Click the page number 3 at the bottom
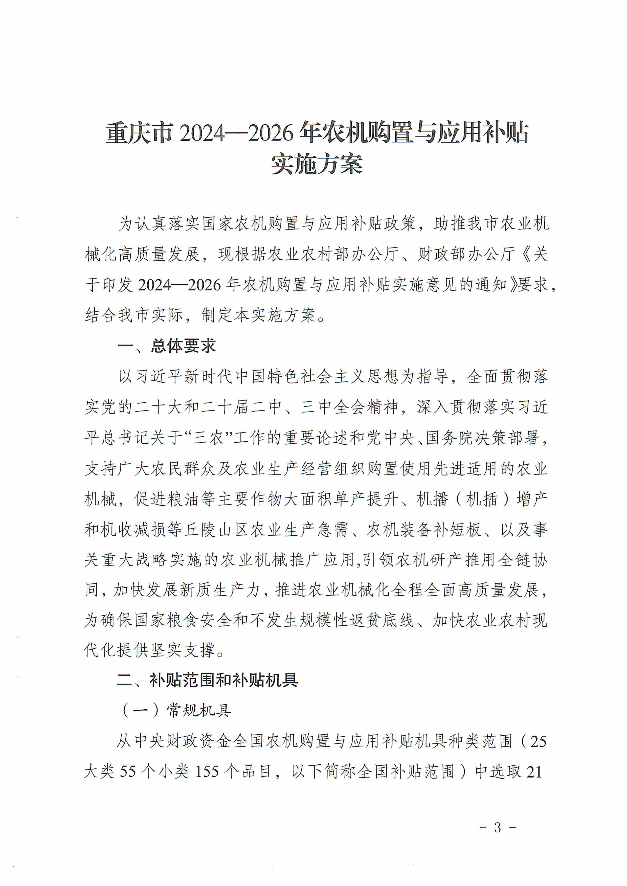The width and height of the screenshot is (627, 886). click(x=498, y=827)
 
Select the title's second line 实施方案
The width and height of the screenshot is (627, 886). click(x=317, y=164)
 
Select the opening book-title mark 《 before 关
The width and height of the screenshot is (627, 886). click(x=524, y=254)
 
